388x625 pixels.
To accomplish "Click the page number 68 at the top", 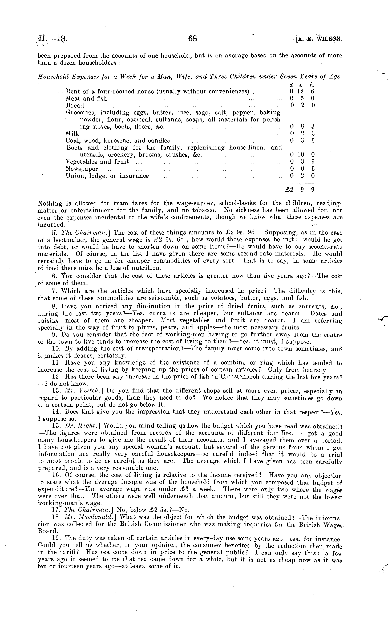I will point(192,39).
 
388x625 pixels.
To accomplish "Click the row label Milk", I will point(72,133).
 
